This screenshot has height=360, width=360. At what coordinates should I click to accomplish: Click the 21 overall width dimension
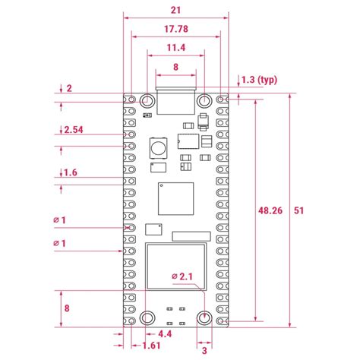point(176,10)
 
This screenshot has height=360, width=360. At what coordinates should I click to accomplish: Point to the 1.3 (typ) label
point(257,79)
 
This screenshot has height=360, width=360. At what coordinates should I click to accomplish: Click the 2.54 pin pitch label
point(74,130)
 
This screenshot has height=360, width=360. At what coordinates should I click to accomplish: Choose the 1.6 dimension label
point(69,173)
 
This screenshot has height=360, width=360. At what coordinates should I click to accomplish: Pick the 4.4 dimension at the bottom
point(164,333)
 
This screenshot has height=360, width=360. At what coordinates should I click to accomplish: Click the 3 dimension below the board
point(204,350)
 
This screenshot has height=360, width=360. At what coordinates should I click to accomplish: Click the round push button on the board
point(158,147)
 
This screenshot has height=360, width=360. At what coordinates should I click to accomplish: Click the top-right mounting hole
point(204,100)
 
